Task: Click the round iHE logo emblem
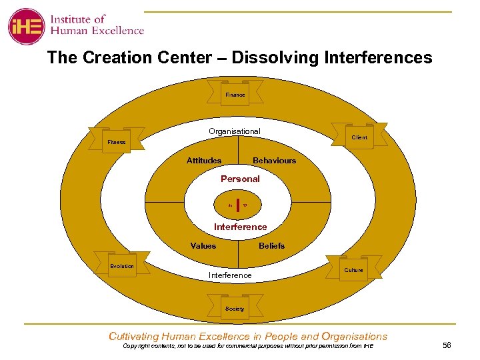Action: [x=26, y=26]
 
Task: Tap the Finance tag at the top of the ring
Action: [x=235, y=95]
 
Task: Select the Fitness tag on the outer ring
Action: [x=117, y=142]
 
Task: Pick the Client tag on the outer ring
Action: [x=359, y=137]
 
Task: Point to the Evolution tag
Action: [x=122, y=266]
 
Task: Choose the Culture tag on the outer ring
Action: [x=353, y=270]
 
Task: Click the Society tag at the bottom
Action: [x=235, y=309]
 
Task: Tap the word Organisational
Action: [x=234, y=131]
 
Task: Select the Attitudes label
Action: [x=204, y=161]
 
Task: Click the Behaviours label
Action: [x=274, y=161]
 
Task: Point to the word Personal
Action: [x=240, y=179]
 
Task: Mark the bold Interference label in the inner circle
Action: [x=240, y=227]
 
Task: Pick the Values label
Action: [x=203, y=246]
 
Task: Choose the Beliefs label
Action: [x=271, y=246]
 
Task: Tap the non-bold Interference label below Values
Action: [x=230, y=275]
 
